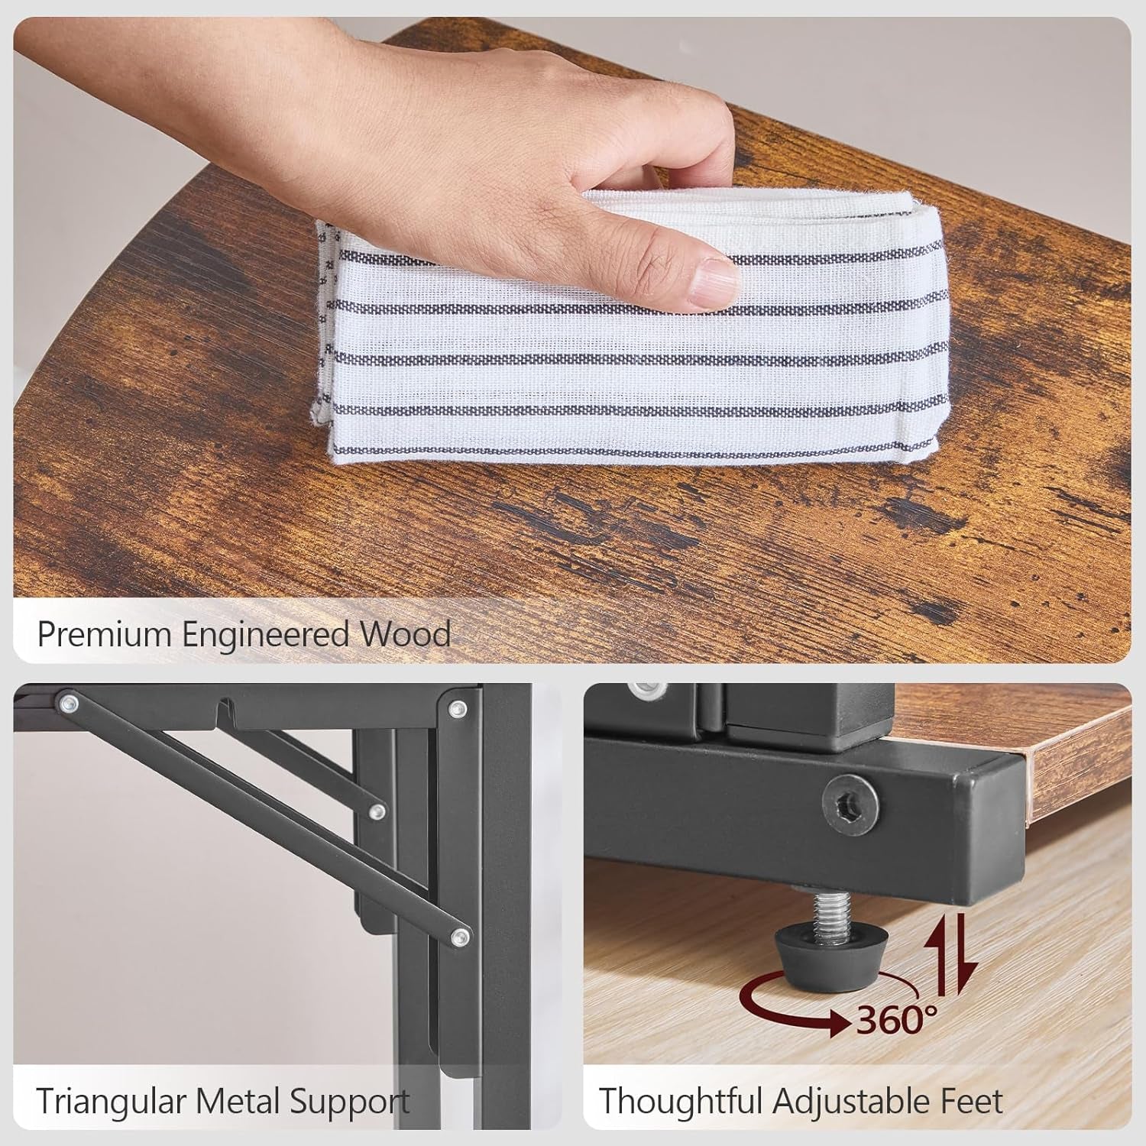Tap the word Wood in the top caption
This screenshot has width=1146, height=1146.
[406, 635]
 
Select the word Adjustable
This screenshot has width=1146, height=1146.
[856, 1102]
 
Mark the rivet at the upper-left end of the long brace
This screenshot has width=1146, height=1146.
[70, 701]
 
